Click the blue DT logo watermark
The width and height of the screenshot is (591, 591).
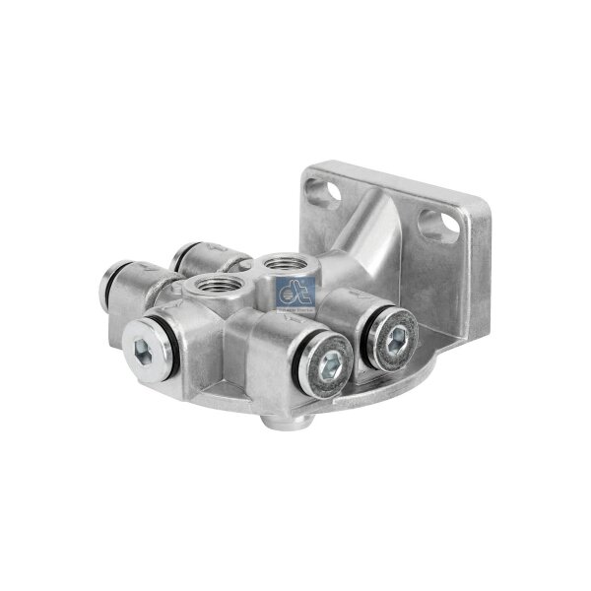(295, 290)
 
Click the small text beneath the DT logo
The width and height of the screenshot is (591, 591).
(295, 306)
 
